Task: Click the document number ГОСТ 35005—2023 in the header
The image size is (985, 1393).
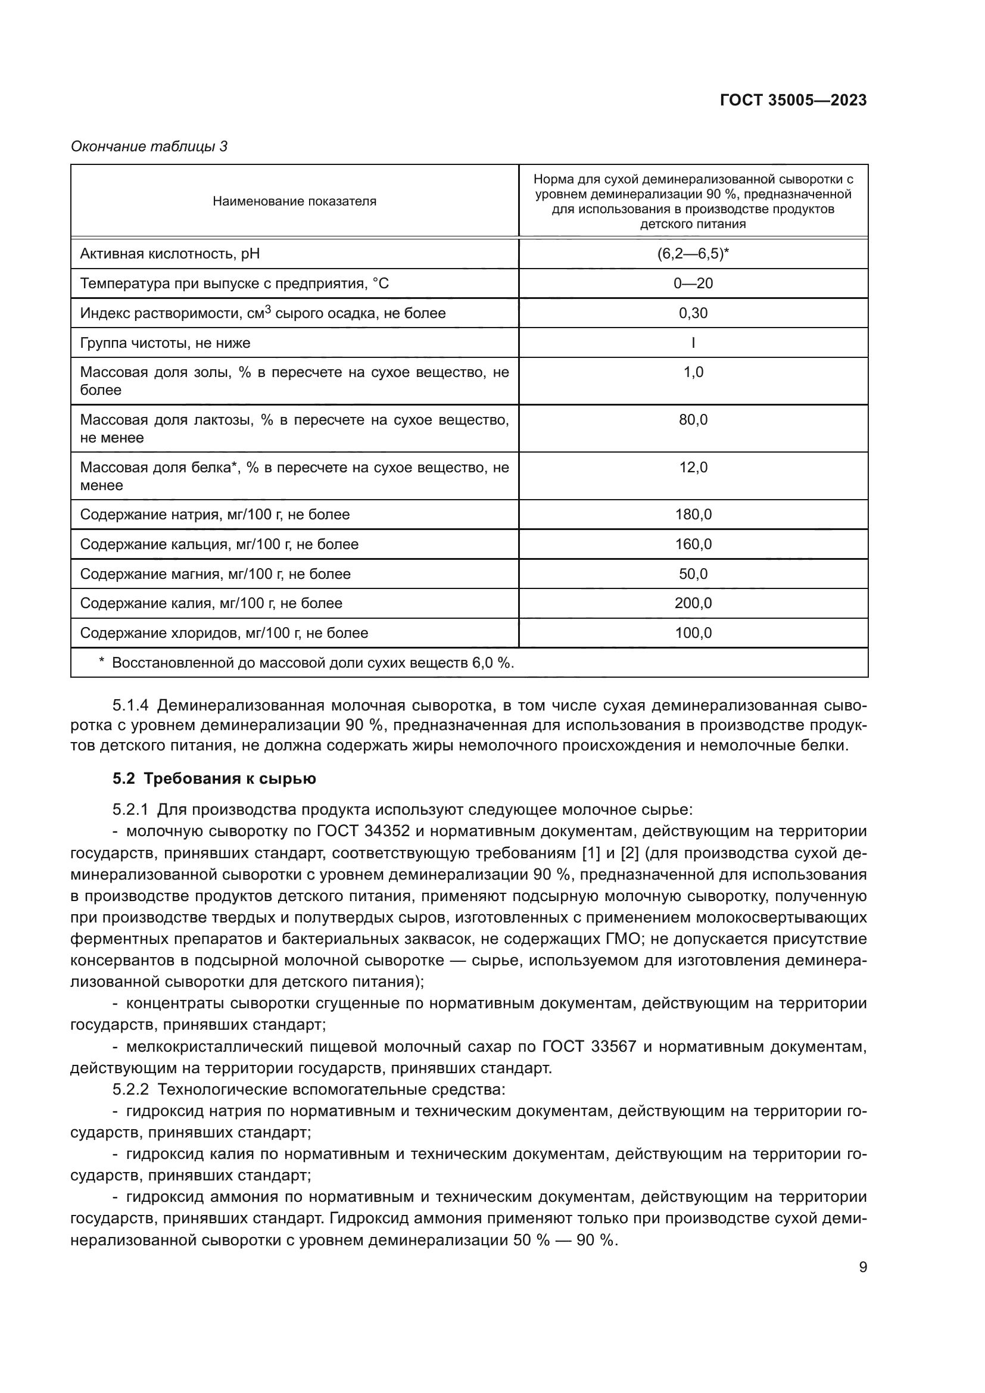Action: coord(793,100)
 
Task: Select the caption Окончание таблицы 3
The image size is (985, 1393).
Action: coord(149,147)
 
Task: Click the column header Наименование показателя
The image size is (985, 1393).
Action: coord(294,201)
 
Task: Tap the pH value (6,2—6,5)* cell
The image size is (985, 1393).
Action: coord(693,254)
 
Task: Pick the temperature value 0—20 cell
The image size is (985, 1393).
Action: coord(693,283)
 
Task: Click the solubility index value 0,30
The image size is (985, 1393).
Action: coord(693,313)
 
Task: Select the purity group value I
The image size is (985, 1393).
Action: coord(693,343)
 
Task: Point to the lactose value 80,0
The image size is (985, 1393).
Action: coord(693,420)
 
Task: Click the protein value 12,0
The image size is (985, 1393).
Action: coord(693,468)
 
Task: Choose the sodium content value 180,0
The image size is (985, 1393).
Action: coord(693,515)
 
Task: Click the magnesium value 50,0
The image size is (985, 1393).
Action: coord(693,574)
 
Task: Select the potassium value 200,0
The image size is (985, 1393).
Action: coord(693,603)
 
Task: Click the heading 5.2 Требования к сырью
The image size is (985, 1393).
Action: coord(214,778)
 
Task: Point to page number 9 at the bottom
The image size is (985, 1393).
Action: coord(862,1267)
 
